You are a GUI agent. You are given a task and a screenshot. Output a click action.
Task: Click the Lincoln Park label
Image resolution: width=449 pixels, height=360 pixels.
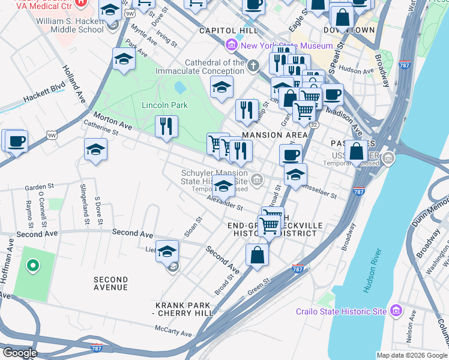(164, 105)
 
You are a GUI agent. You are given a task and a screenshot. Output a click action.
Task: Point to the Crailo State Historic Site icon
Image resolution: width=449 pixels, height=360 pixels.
(396, 311)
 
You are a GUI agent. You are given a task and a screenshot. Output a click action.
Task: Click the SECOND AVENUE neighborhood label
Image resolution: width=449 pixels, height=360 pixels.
(110, 283)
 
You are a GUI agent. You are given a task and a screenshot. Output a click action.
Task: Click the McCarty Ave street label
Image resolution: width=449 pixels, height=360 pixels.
(173, 331)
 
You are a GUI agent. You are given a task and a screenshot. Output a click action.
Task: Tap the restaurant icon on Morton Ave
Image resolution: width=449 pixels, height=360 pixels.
(166, 126)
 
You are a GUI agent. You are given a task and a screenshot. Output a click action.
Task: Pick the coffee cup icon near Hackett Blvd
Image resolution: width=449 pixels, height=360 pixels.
(16, 142)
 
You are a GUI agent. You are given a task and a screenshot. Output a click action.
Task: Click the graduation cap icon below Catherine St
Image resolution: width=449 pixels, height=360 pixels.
(95, 149)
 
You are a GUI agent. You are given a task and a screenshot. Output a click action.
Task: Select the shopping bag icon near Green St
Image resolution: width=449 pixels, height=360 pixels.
(257, 254)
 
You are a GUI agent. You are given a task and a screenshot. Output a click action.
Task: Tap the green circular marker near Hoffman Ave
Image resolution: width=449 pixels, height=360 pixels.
(33, 265)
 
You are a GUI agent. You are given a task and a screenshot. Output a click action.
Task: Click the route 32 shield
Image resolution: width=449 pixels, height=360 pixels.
(313, 124)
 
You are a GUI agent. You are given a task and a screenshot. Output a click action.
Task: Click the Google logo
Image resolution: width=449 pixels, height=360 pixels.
(19, 353)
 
